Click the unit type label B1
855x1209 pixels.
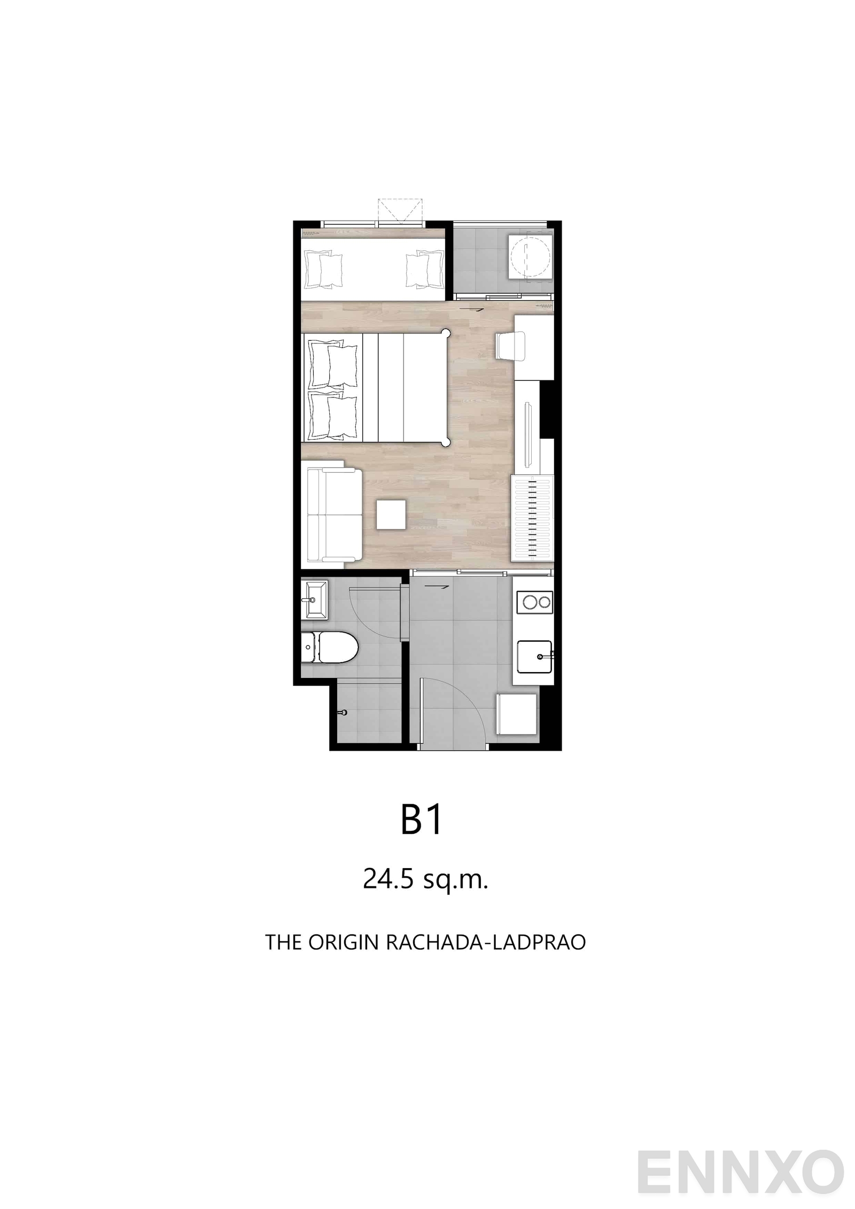point(422,821)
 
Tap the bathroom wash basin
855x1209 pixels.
point(314,600)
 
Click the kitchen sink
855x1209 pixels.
point(533,657)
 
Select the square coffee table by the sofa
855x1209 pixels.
point(391,514)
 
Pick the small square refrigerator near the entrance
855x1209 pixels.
point(517,714)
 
